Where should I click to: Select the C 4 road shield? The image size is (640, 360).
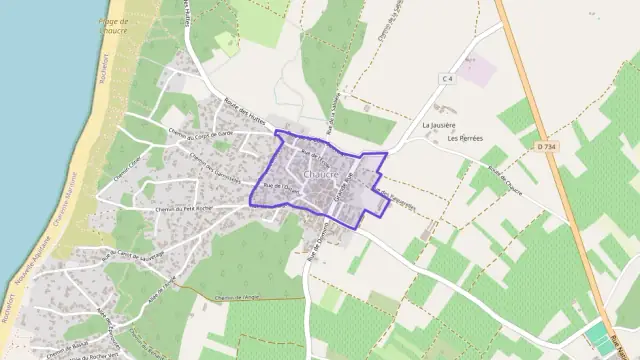(x=447, y=78)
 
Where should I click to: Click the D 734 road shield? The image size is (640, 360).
(x=546, y=146)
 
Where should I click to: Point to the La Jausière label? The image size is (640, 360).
(x=439, y=125)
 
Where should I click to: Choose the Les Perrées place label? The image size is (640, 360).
(x=466, y=138)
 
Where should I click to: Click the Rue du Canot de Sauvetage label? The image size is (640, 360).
(x=139, y=258)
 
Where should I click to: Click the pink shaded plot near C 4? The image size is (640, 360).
(x=477, y=69)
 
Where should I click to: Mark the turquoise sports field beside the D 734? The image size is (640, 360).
(x=597, y=333)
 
